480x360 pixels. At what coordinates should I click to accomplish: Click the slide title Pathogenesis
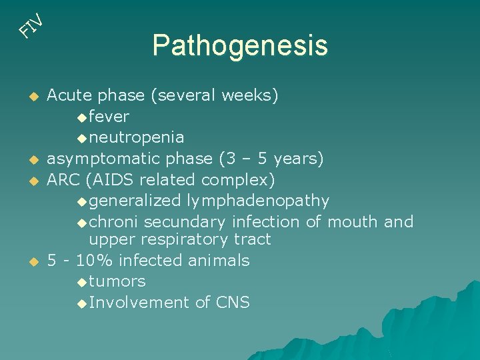tap(240, 46)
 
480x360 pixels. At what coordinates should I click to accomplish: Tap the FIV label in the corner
tap(31, 25)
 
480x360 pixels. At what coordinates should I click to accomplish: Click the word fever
tap(109, 117)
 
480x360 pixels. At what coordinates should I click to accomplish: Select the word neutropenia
tap(137, 137)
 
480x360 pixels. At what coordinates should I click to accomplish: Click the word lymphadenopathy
tap(258, 201)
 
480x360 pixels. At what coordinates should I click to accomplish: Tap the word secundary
tap(184, 221)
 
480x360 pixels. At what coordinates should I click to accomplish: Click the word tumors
tap(117, 281)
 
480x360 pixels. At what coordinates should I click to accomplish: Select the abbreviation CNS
tap(233, 303)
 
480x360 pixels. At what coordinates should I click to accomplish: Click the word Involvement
tap(139, 303)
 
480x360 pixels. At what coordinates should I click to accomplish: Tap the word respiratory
tap(182, 239)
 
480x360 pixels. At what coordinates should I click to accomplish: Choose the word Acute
tap(67, 95)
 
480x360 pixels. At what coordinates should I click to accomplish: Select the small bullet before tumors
tap(81, 282)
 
